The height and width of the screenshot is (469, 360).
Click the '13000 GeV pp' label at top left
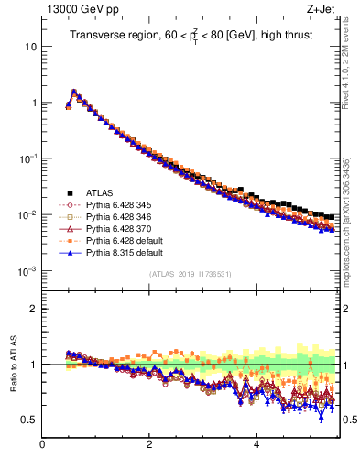click(x=45, y=10)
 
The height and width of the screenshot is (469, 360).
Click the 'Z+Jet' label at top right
click(x=331, y=10)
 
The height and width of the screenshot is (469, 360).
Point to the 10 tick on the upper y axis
click(x=31, y=46)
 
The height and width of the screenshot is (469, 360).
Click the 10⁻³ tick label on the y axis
click(x=28, y=271)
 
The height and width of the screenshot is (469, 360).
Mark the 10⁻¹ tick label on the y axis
click(x=28, y=158)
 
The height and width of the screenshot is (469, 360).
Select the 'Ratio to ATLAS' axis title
click(x=14, y=365)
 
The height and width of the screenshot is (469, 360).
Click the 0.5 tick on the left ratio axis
click(x=30, y=420)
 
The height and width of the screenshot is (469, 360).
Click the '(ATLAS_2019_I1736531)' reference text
click(x=190, y=274)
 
